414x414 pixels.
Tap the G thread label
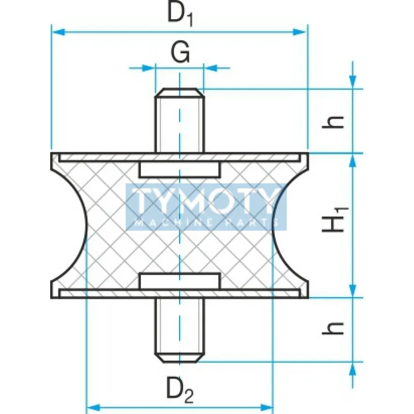pyautogui.click(x=180, y=53)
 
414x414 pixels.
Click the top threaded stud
pyautogui.click(x=180, y=122)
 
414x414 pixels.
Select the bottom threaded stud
pyautogui.click(x=180, y=329)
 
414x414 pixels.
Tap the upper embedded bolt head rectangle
pyautogui.click(x=180, y=169)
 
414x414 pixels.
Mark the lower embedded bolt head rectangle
pyautogui.click(x=180, y=281)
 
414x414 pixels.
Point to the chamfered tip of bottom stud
pyautogui.click(x=180, y=358)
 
